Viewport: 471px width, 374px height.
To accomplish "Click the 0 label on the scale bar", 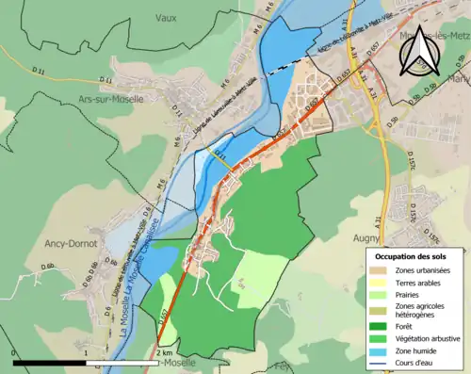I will point(15,352).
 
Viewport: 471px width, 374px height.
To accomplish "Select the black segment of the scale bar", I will point(50,362).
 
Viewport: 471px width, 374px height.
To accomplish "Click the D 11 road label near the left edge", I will point(38,71).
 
